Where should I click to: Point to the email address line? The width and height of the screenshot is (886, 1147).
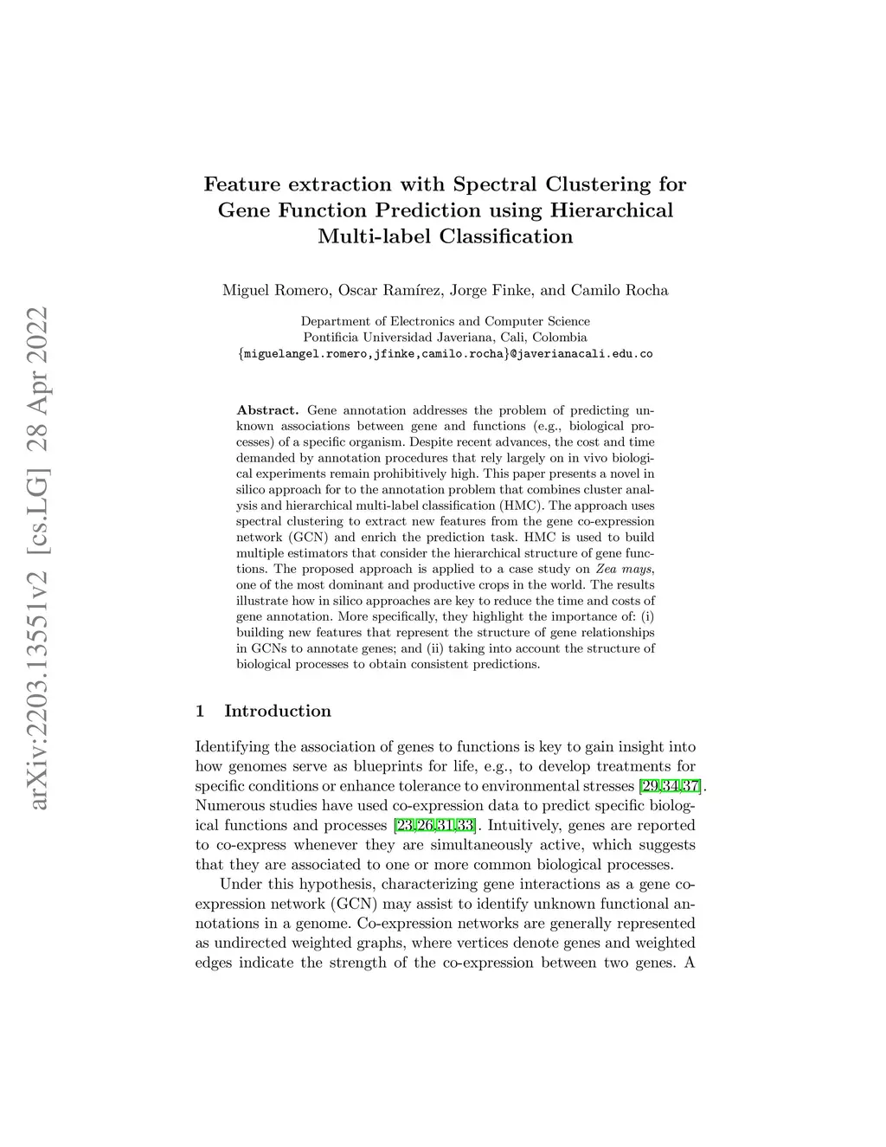point(445,354)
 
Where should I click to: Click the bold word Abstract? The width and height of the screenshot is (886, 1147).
point(267,409)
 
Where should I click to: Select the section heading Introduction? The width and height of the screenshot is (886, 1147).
point(278,712)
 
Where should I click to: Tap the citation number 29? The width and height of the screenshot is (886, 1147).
point(649,786)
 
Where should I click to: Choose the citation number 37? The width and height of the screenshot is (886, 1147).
point(690,786)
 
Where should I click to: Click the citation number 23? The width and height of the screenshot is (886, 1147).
point(403,826)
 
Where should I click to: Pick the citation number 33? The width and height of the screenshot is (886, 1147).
point(465,826)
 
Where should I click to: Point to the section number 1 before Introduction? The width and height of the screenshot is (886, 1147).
point(200,712)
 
